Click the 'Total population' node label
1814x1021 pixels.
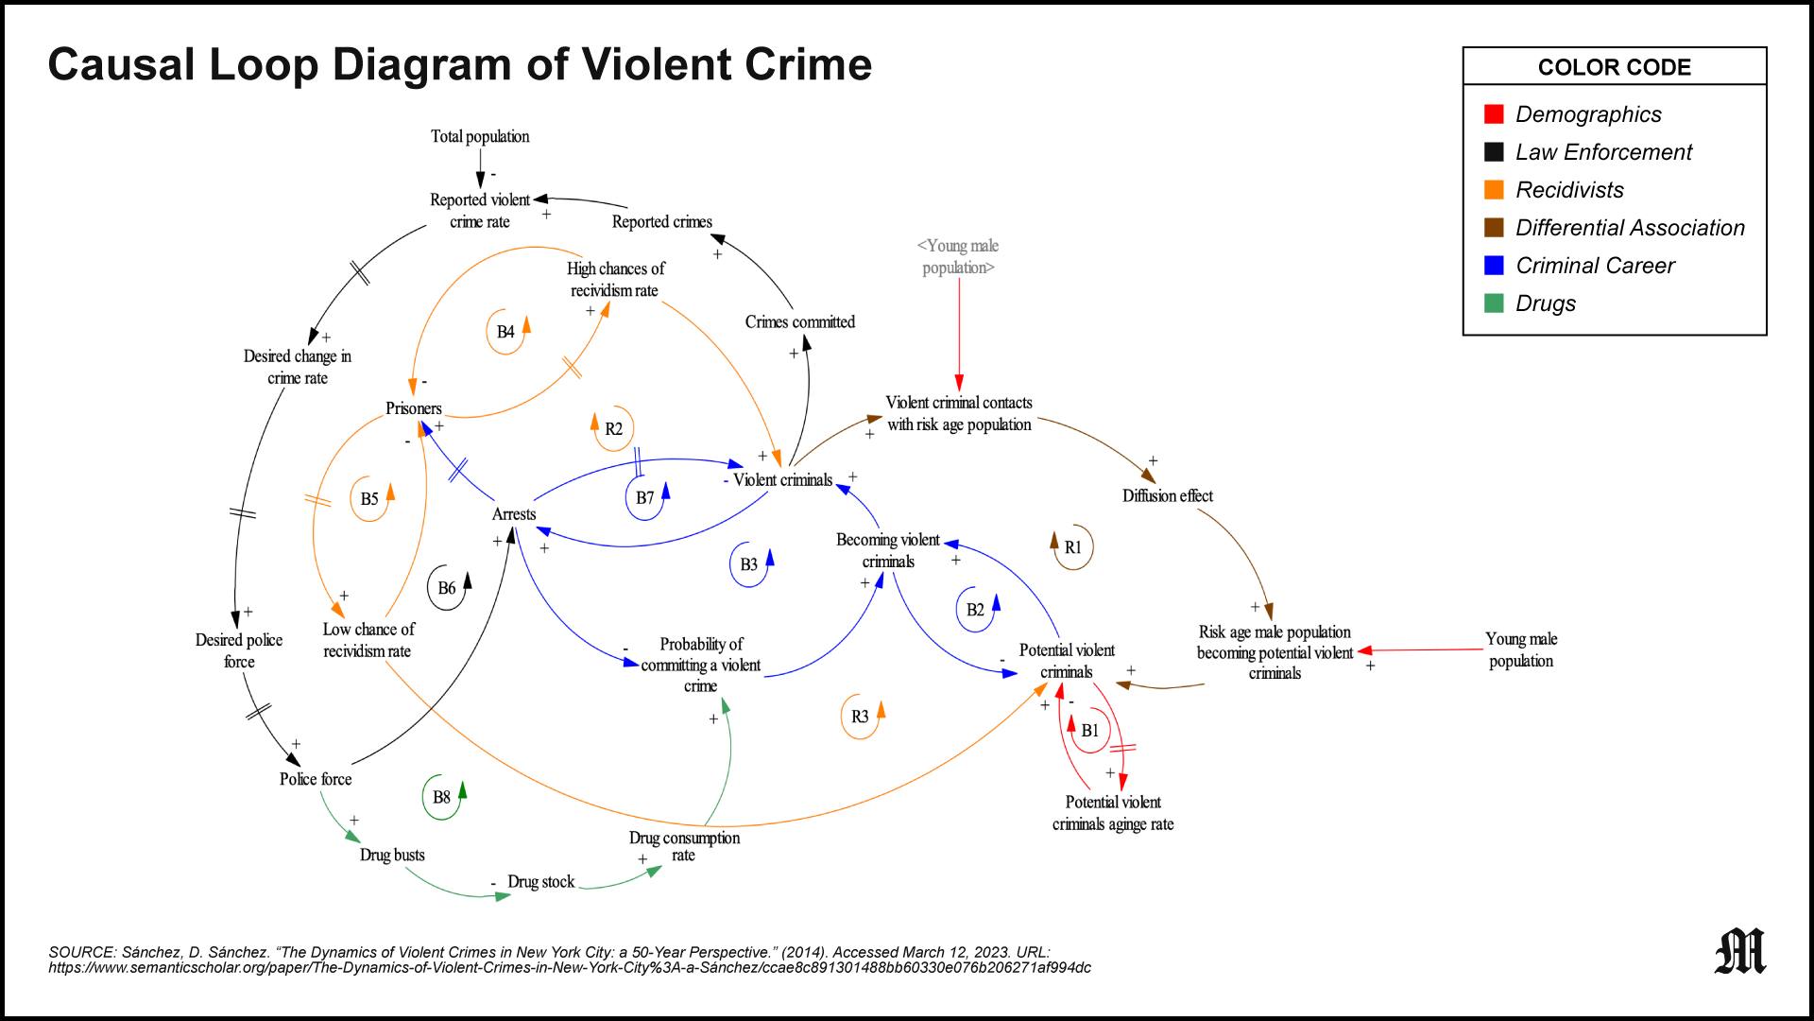coord(480,136)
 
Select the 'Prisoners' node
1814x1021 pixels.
coord(413,408)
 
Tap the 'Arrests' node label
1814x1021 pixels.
coord(514,514)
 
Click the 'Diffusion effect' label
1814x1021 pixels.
coord(1167,496)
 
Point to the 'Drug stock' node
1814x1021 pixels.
coord(540,882)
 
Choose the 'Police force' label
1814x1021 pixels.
coord(316,779)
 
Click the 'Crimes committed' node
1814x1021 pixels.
coord(799,322)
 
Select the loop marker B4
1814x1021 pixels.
coord(506,332)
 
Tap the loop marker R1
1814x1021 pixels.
coord(1072,547)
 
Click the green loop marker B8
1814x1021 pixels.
coord(442,797)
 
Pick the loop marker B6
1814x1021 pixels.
coord(447,588)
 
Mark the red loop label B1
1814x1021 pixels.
coord(1089,731)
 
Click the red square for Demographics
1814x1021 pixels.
coord(1494,114)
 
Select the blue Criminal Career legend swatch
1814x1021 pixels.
coord(1494,266)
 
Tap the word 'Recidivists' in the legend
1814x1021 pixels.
coord(1569,190)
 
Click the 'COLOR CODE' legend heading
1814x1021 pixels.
coord(1614,67)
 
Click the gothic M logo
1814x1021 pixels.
coord(1739,951)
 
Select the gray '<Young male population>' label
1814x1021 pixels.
coord(958,257)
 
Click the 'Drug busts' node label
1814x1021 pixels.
coord(392,855)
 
